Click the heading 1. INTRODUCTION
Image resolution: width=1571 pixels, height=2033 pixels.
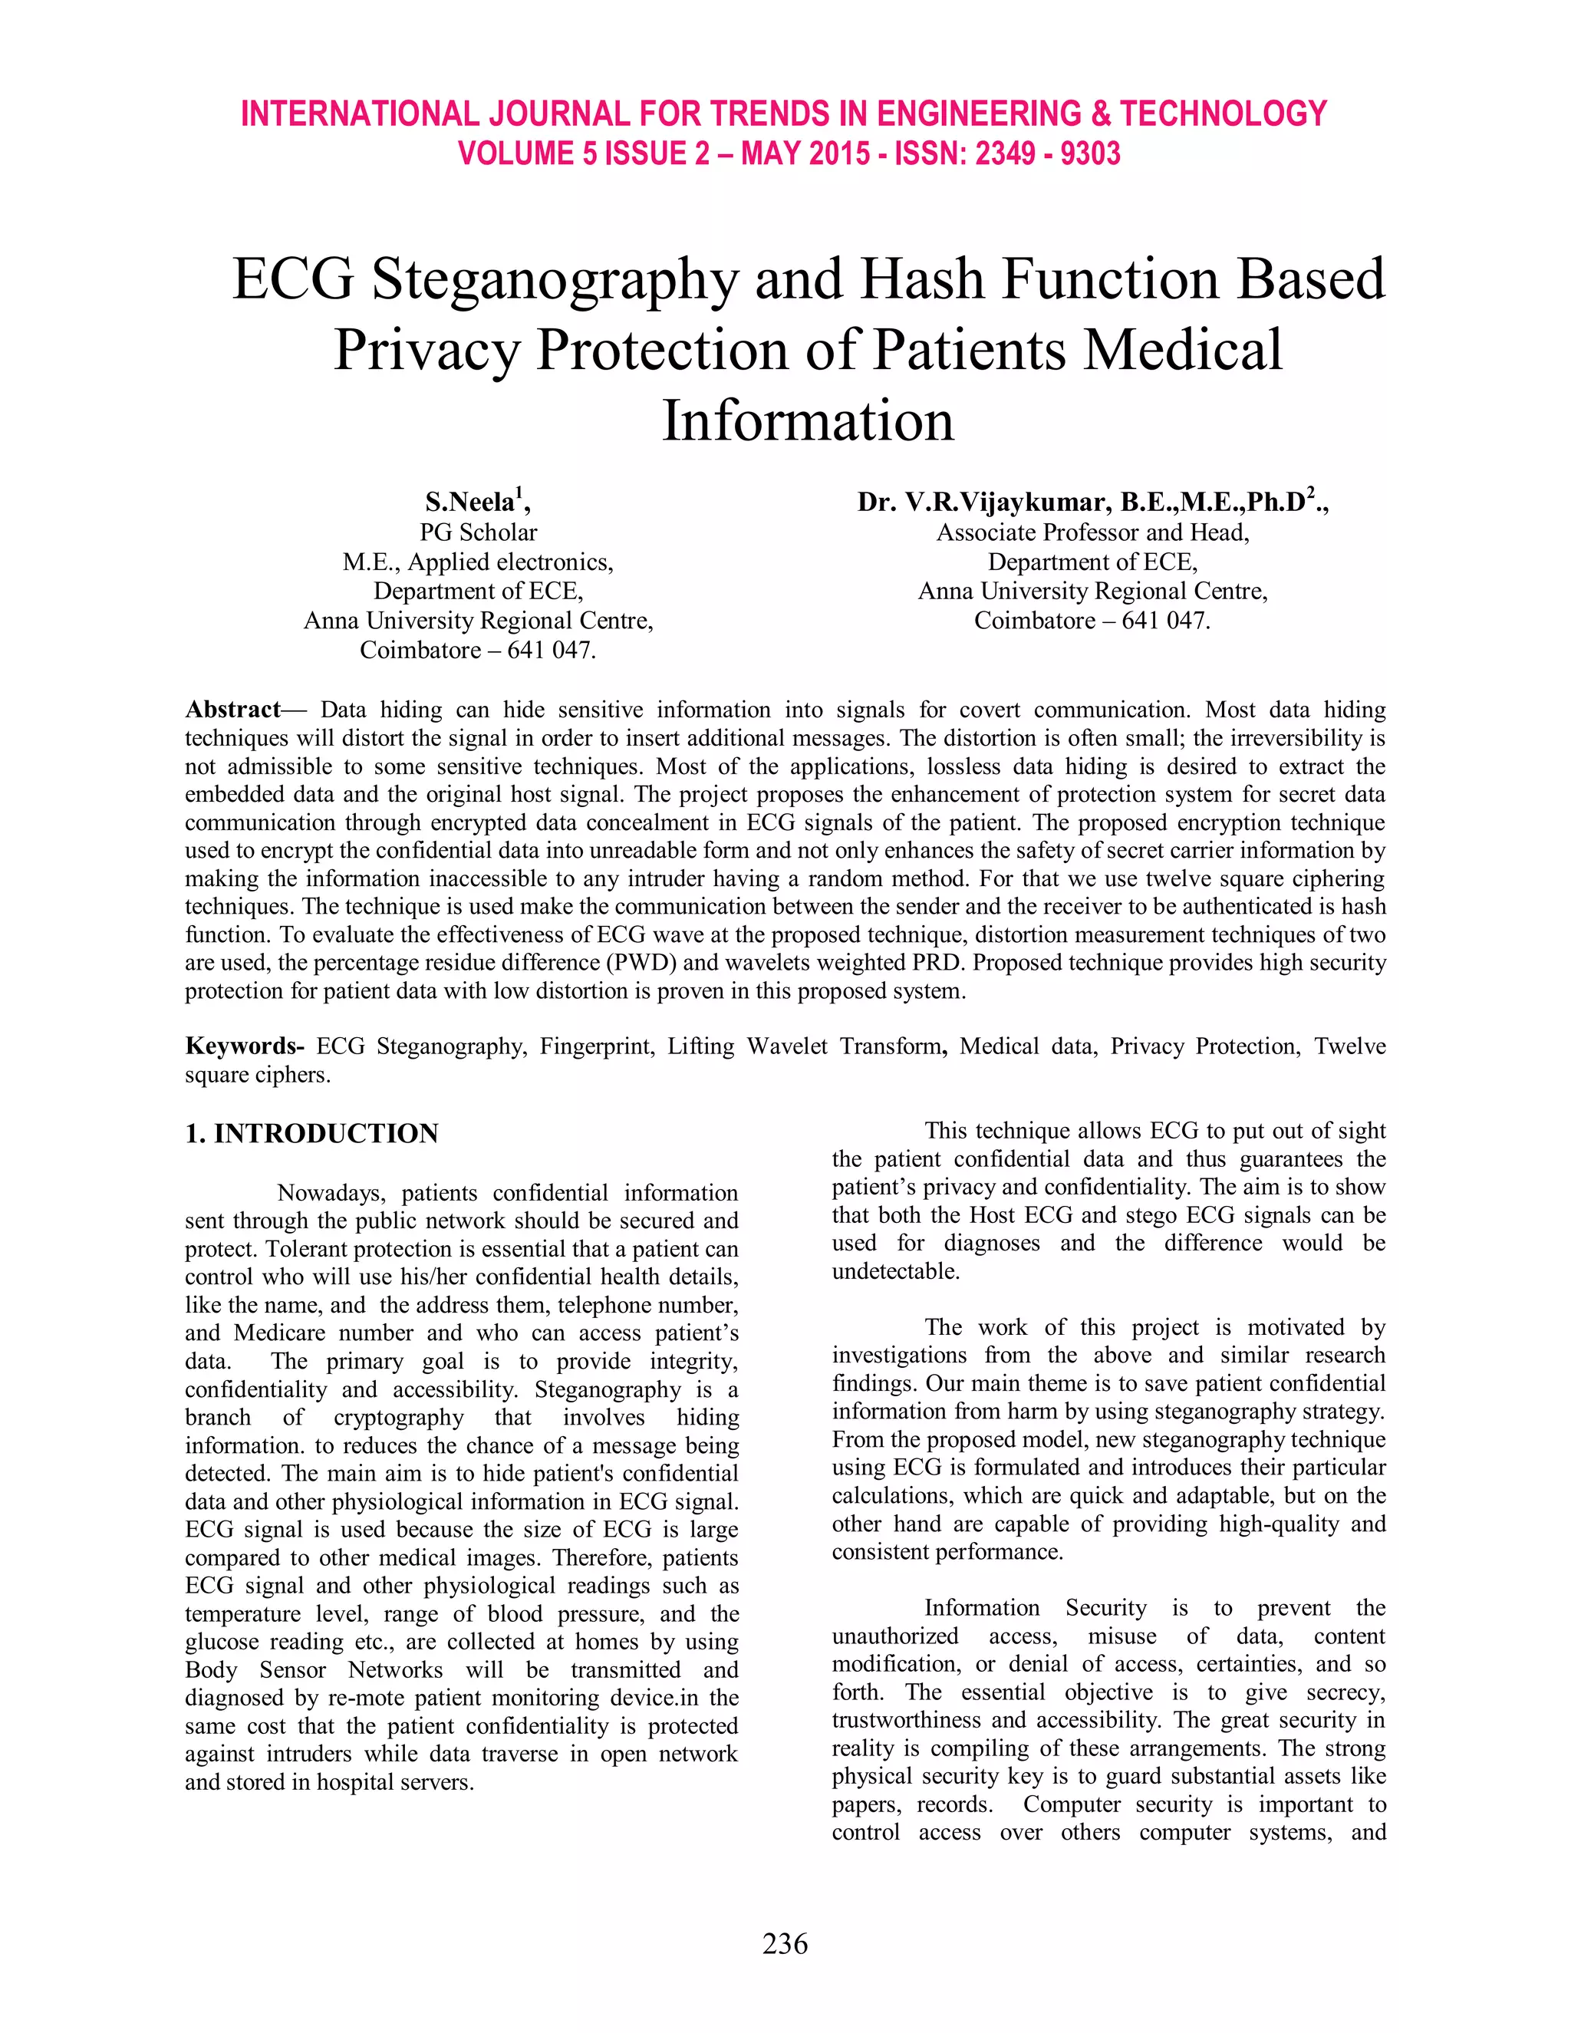(311, 1133)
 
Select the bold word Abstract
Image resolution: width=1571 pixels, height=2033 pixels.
(232, 710)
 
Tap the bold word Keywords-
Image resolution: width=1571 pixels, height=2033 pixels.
(244, 1046)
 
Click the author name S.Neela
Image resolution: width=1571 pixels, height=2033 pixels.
(470, 502)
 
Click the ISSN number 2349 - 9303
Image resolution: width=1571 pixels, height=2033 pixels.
(1047, 153)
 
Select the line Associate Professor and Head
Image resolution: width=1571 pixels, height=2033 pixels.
(1092, 532)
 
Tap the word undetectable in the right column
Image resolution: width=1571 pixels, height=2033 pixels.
(894, 1270)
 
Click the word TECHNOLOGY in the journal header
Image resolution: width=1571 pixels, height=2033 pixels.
(1223, 114)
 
